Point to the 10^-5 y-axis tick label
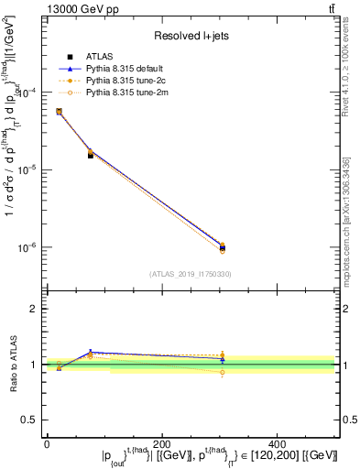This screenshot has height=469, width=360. tap(28, 170)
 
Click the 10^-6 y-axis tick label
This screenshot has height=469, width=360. tap(28, 248)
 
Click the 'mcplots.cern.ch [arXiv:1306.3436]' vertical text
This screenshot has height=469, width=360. tap(345, 219)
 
